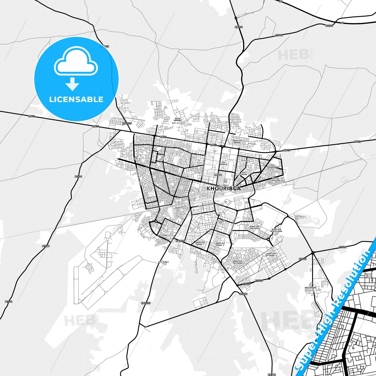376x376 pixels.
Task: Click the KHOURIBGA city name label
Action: coord(224,188)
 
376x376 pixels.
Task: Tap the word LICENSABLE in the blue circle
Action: coord(76,99)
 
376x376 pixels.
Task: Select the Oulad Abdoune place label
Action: coord(178,119)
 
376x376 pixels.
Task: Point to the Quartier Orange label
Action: coord(237,142)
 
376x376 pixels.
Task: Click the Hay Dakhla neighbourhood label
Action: coord(224,163)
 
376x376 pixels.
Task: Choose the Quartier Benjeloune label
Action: coord(276,230)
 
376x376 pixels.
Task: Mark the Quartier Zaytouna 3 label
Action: coord(271,255)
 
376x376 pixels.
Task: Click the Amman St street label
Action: coord(246,161)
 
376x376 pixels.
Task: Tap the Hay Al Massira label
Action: coord(276,179)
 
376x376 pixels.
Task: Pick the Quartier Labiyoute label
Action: coord(254,227)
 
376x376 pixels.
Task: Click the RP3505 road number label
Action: coord(127,124)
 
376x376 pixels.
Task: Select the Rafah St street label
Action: coord(151,197)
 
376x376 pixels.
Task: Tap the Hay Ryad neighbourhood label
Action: coord(162,235)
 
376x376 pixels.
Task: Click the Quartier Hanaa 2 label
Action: coord(220,244)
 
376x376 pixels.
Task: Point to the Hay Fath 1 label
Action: coord(163,158)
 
